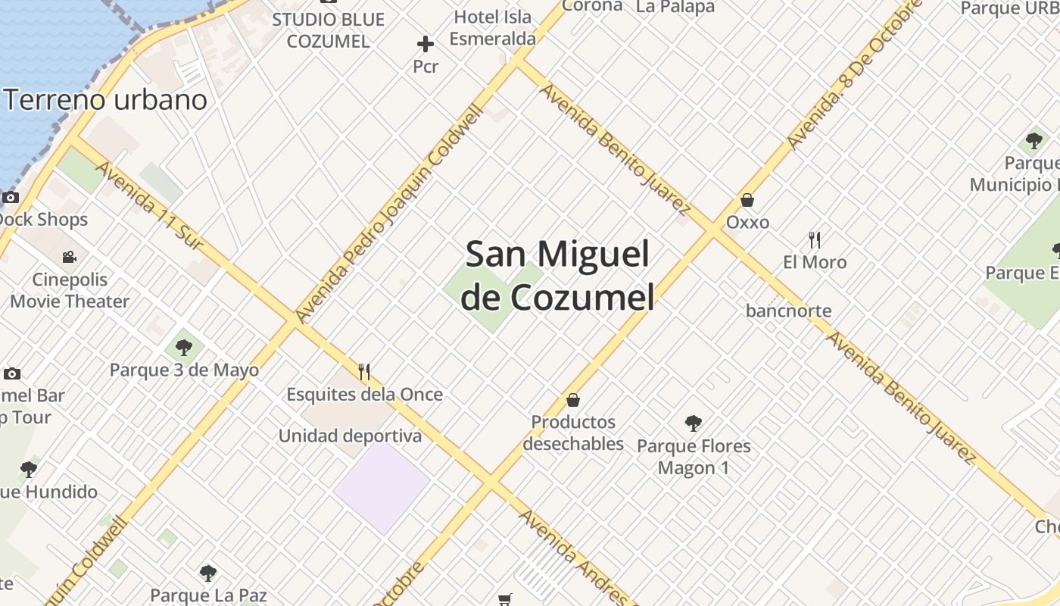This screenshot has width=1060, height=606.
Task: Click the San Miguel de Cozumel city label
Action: pos(557,276)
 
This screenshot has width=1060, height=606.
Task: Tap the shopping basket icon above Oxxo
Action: pos(747,200)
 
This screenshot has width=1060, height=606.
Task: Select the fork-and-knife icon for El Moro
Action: pos(815,240)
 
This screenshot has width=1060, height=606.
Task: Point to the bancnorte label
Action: pos(788,311)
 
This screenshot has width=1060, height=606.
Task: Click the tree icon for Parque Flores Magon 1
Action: pos(693,423)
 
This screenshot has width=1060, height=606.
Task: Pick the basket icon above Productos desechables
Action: pos(573,399)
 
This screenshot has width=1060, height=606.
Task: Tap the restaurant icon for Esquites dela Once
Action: pos(364,372)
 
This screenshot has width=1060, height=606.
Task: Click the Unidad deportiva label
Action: pos(350,436)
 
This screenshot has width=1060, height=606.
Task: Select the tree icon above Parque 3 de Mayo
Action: pos(183,348)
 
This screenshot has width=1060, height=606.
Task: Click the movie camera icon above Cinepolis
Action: pos(70,257)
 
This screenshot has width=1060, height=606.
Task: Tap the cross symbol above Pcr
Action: pos(426,44)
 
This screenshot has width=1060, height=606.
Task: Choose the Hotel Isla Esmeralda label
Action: pos(493,28)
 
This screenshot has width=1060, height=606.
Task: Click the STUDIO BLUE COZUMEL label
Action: pos(329,30)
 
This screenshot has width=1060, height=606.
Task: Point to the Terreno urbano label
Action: pos(106,100)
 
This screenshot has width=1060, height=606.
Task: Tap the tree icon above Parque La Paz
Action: pos(208,573)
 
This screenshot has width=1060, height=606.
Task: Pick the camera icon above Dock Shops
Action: pos(11,198)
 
